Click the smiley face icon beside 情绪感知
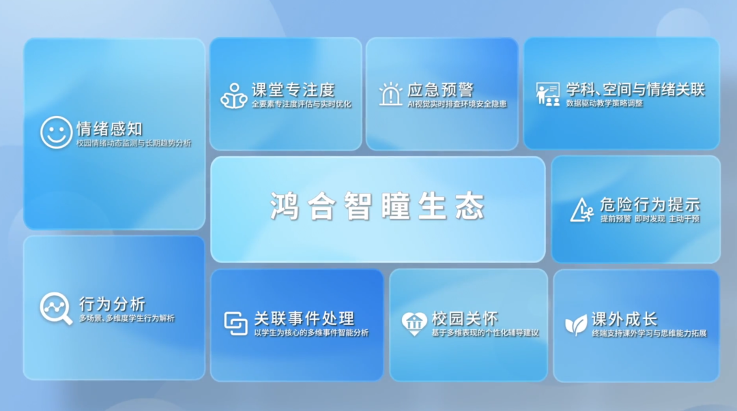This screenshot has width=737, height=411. pyautogui.click(x=56, y=132)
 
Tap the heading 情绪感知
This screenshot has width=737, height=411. pyautogui.click(x=110, y=128)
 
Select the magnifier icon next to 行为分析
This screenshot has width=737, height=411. pyautogui.click(x=55, y=308)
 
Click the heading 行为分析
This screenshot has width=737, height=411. pyautogui.click(x=112, y=304)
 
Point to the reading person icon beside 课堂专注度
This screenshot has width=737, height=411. pyautogui.click(x=233, y=95)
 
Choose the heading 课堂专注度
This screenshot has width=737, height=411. pyautogui.click(x=293, y=90)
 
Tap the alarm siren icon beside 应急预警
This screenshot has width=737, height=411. pyautogui.click(x=391, y=94)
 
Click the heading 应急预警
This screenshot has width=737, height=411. pyautogui.click(x=440, y=90)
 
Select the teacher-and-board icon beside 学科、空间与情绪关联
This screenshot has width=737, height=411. pyautogui.click(x=547, y=94)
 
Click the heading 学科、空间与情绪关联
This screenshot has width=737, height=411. pyautogui.click(x=635, y=89)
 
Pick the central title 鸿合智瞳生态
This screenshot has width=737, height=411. pyautogui.click(x=377, y=206)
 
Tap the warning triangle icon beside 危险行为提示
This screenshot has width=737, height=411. pyautogui.click(x=581, y=210)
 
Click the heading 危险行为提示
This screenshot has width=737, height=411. pyautogui.click(x=650, y=204)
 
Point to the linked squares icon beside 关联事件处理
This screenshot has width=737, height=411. pyautogui.click(x=236, y=323)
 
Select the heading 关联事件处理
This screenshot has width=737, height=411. pyautogui.click(x=304, y=318)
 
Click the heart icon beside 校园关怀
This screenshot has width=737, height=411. pyautogui.click(x=414, y=323)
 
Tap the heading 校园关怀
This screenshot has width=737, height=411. pyautogui.click(x=465, y=318)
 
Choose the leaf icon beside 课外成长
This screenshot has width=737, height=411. pyautogui.click(x=576, y=324)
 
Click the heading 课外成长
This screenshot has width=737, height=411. pyautogui.click(x=624, y=319)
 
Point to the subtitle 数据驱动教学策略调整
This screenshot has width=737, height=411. pyautogui.click(x=605, y=104)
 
